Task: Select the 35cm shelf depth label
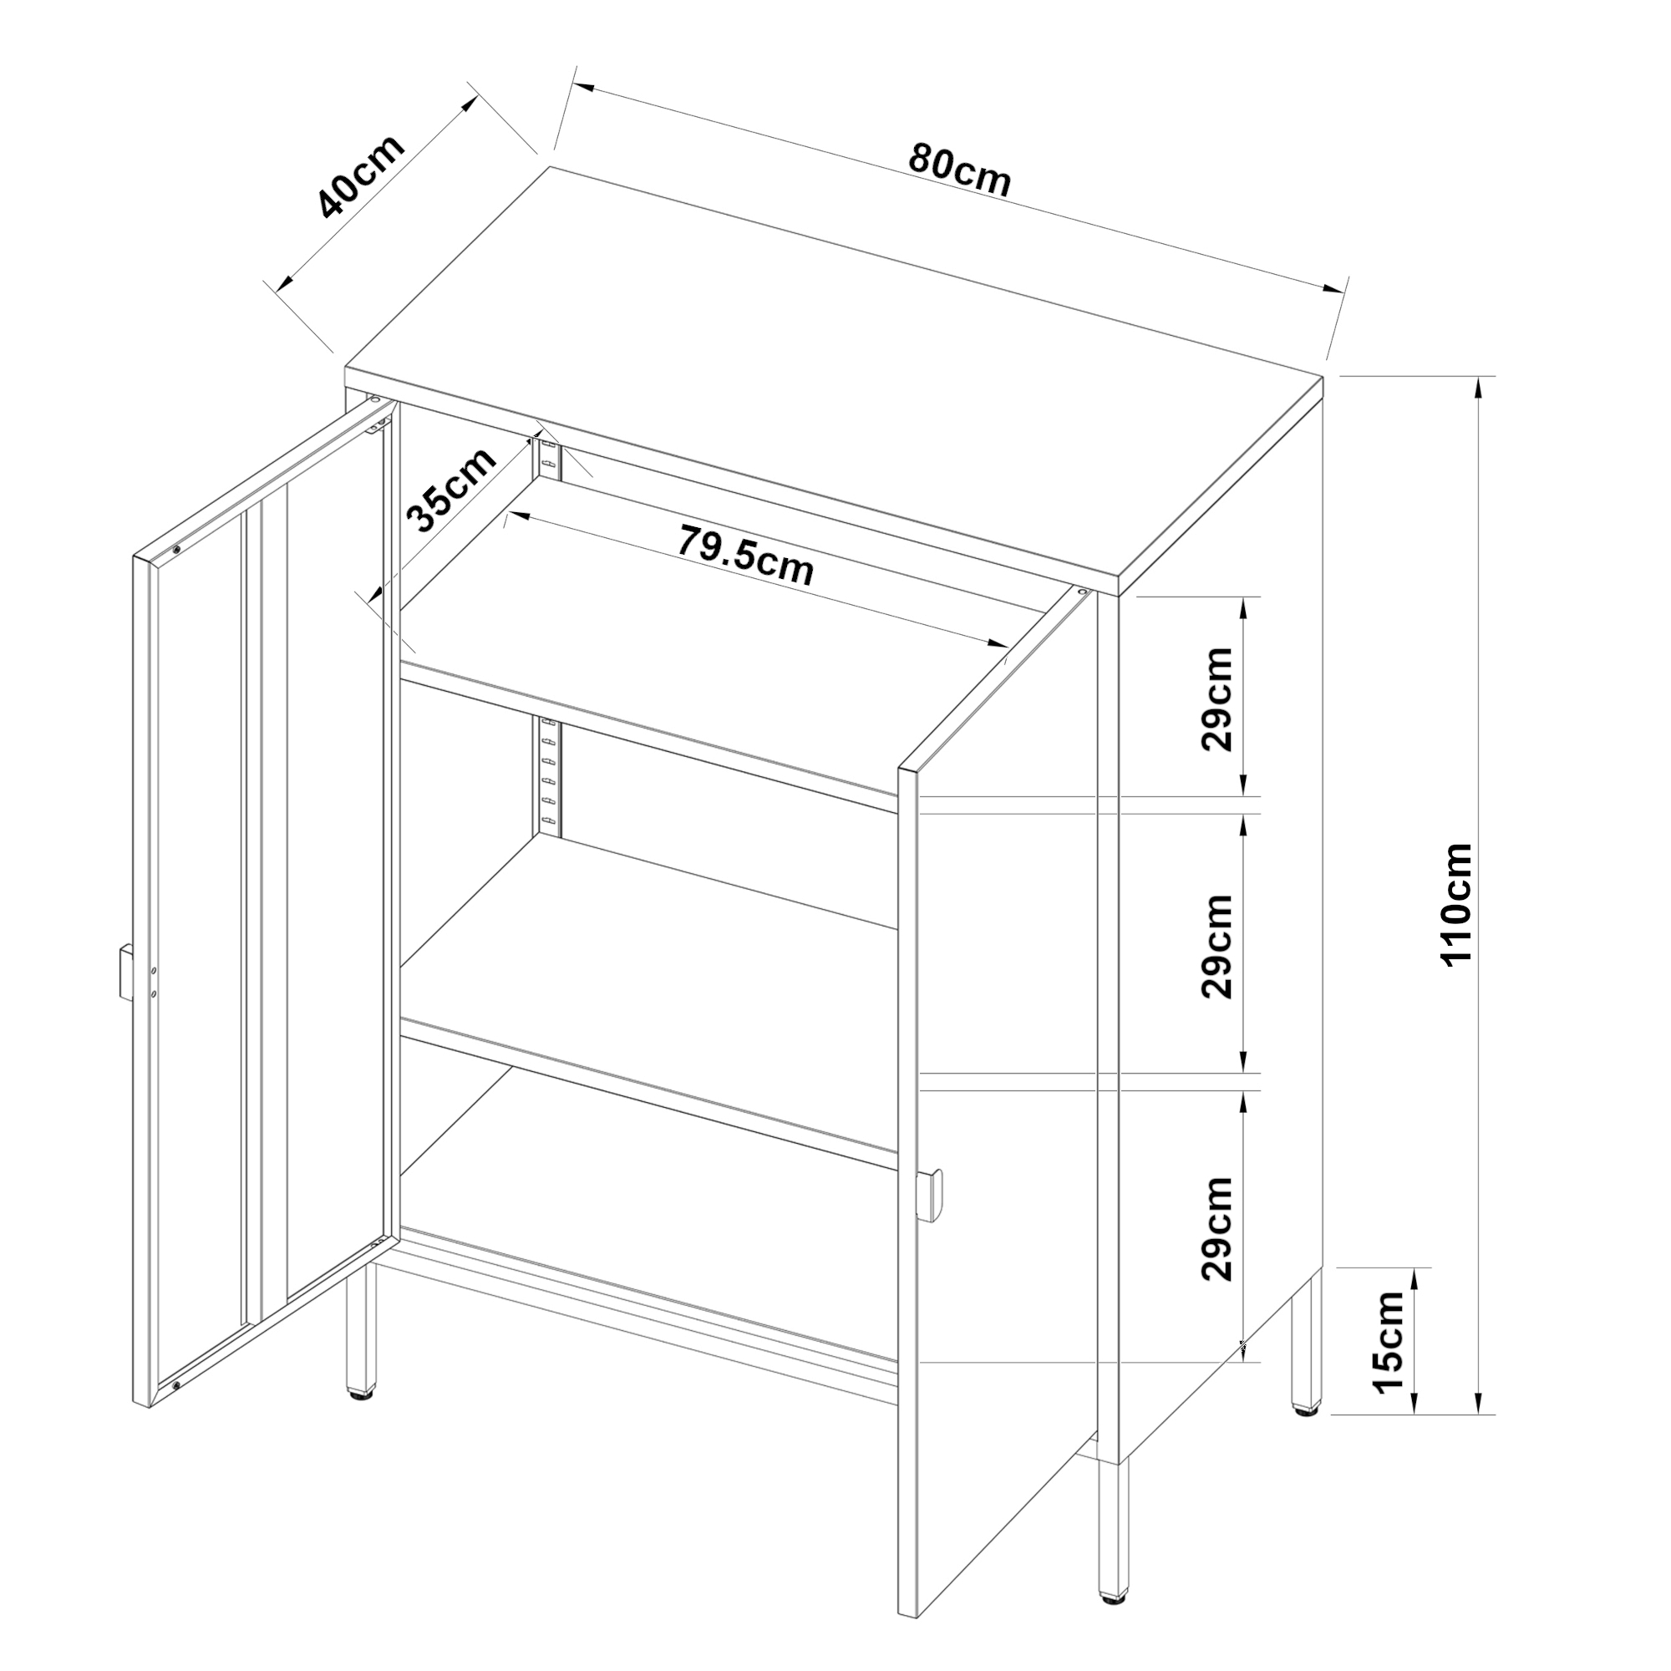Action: click(x=450, y=490)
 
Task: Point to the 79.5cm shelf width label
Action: click(x=745, y=556)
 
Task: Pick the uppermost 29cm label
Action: click(x=1218, y=698)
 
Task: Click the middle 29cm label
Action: click(x=1218, y=947)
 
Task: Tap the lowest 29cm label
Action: click(x=1218, y=1228)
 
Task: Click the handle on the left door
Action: click(x=124, y=973)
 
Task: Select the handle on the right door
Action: click(x=932, y=1196)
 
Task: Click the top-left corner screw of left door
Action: click(x=176, y=548)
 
